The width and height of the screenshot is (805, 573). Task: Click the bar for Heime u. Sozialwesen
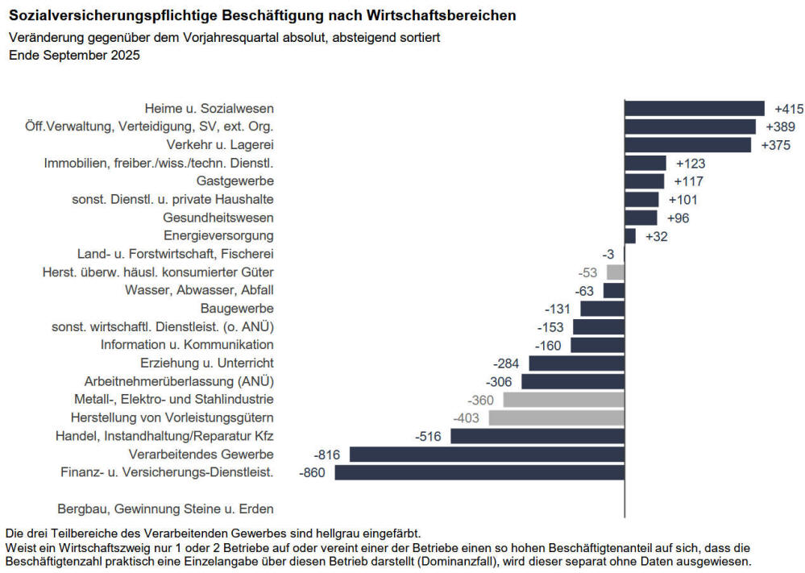tap(695, 108)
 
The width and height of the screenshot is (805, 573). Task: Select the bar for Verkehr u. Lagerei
tap(688, 145)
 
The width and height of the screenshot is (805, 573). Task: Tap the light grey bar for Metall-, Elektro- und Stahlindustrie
tap(564, 400)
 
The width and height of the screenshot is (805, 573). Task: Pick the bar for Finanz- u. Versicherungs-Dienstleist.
tap(480, 472)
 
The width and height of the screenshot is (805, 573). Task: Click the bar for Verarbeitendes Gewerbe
tap(488, 455)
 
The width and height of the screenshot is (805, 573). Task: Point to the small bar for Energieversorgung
tap(630, 236)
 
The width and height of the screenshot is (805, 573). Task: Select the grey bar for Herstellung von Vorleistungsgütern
tap(557, 418)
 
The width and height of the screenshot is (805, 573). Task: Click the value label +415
tap(789, 109)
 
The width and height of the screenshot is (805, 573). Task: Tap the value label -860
tap(312, 472)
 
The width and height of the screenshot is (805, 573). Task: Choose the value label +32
tap(657, 237)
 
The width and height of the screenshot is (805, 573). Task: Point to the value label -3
tap(608, 254)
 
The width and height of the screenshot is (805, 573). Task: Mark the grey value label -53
tap(587, 272)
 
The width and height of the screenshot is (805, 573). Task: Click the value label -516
tap(428, 437)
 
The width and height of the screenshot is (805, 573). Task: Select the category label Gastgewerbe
tap(235, 181)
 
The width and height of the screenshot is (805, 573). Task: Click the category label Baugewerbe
tap(237, 308)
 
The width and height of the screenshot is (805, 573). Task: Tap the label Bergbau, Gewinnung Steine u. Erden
tap(165, 509)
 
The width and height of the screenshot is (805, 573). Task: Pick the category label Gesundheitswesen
tap(218, 218)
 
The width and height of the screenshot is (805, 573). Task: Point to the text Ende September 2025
tap(74, 55)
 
